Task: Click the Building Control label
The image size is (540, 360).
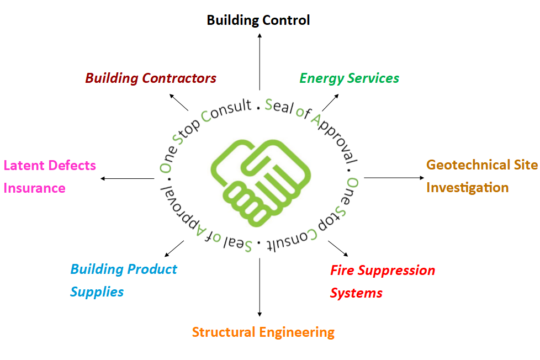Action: coord(258,20)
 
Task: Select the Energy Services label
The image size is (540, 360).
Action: coord(349,78)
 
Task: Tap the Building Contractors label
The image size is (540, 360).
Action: coord(150,78)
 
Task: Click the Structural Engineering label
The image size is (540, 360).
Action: coord(263,332)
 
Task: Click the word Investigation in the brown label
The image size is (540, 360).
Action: coord(467,188)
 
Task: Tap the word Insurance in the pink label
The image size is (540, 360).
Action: coord(34,188)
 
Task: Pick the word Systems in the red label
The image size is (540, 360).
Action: coord(356,293)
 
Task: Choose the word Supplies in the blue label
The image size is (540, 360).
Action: coord(97,292)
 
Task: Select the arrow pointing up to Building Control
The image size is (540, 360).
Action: coord(260,61)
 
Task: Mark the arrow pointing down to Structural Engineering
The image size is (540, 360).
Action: coord(260,287)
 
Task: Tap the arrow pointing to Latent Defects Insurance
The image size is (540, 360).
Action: coord(127,178)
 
